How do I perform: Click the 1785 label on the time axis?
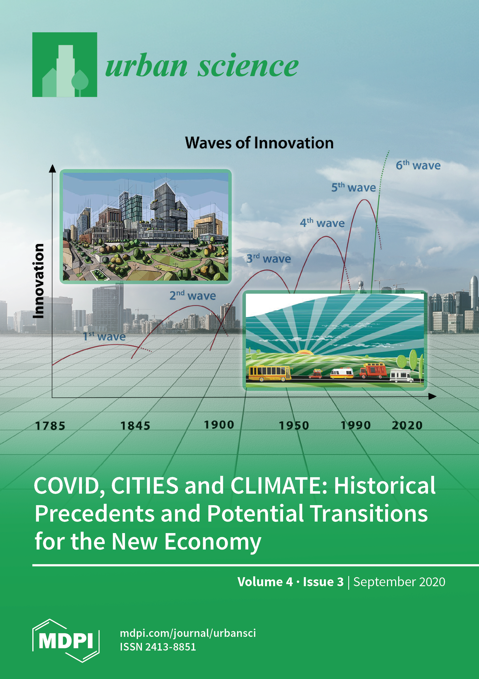pyautogui.click(x=50, y=426)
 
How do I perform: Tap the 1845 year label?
pyautogui.click(x=135, y=426)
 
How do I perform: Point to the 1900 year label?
pyautogui.click(x=219, y=425)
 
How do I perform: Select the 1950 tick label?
pyautogui.click(x=294, y=425)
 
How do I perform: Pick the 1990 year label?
pyautogui.click(x=355, y=425)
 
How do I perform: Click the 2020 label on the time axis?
pyautogui.click(x=407, y=425)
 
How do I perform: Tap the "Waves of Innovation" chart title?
pyautogui.click(x=259, y=143)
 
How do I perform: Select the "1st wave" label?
pyautogui.click(x=104, y=336)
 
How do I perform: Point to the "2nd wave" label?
pyautogui.click(x=192, y=295)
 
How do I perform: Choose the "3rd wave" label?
pyautogui.click(x=269, y=258)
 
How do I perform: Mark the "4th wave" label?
pyautogui.click(x=322, y=223)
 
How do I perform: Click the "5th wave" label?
pyautogui.click(x=353, y=187)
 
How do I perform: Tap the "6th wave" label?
pyautogui.click(x=418, y=165)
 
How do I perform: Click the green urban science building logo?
pyautogui.click(x=65, y=64)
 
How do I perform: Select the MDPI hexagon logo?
pyautogui.click(x=66, y=641)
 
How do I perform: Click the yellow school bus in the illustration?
pyautogui.click(x=270, y=373)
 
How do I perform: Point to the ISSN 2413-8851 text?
pyautogui.click(x=158, y=647)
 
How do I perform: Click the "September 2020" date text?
pyautogui.click(x=399, y=582)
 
